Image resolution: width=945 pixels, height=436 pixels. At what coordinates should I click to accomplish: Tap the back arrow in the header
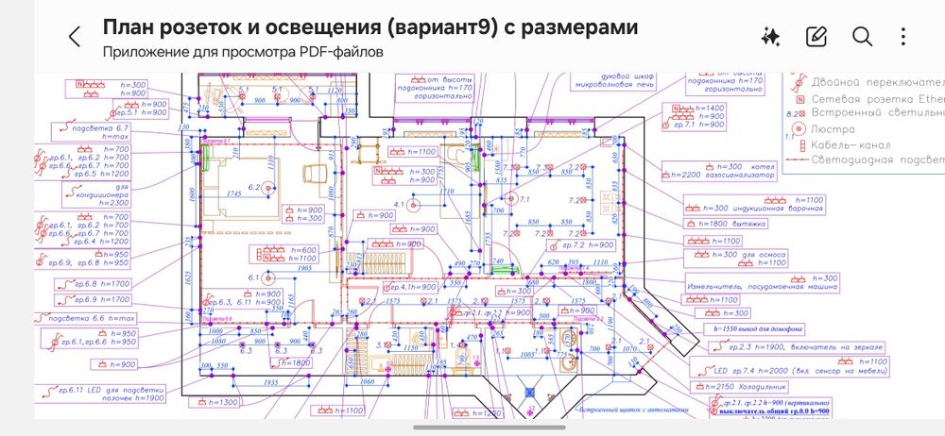[75, 37]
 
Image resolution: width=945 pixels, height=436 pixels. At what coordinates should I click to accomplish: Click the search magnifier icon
[862, 37]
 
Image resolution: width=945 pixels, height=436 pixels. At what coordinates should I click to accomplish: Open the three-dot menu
[904, 37]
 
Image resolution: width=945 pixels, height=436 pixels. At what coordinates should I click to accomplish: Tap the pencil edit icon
[816, 37]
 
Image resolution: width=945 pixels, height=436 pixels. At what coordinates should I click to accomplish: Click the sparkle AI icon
[770, 37]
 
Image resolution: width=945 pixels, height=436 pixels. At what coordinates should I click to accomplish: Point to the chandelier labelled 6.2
[270, 188]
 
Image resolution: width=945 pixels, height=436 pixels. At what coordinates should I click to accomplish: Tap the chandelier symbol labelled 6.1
[269, 278]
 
